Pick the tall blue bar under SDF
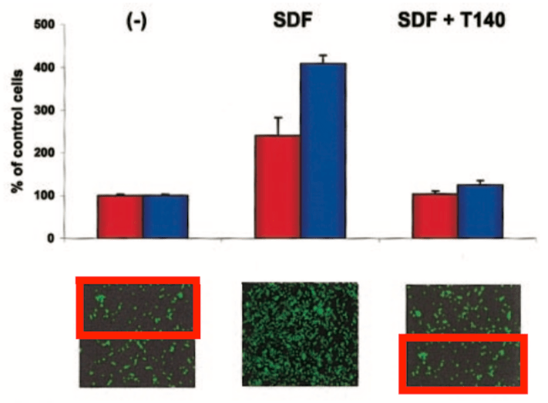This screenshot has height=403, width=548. point(323,150)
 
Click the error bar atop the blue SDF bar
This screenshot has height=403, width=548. point(323,59)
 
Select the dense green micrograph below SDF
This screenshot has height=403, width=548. point(301,334)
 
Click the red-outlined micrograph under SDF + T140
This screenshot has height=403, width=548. point(462,363)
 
